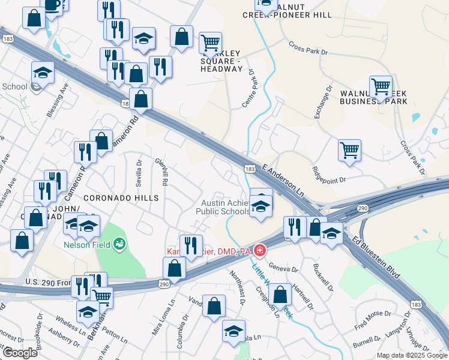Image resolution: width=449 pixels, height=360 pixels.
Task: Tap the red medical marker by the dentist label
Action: [260, 250]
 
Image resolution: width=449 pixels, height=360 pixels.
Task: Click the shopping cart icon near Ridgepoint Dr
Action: [349, 150]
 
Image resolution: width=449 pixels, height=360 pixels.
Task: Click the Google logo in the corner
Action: [19, 353]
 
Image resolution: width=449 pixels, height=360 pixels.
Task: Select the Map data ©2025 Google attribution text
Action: [412, 355]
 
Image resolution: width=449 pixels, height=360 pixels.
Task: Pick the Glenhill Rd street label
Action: [163, 172]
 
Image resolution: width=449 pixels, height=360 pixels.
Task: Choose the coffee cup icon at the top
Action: [52, 5]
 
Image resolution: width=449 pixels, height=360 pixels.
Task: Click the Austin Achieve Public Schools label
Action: [225, 207]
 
